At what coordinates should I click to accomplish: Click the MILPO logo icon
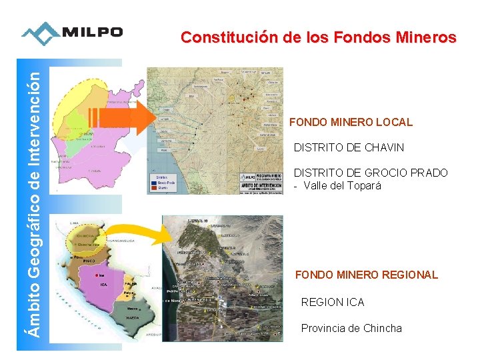pyautogui.click(x=40, y=33)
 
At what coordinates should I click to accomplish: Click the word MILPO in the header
pyautogui.click(x=93, y=33)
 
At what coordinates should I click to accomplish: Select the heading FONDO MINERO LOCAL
pyautogui.click(x=351, y=123)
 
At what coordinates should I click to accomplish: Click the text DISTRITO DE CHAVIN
pyautogui.click(x=349, y=147)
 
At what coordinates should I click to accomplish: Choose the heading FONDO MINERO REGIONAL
pyautogui.click(x=367, y=275)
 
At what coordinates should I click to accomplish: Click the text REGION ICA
pyautogui.click(x=333, y=303)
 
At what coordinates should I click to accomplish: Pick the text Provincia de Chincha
pyautogui.click(x=351, y=328)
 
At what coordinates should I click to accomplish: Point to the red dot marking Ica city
pyautogui.click(x=97, y=275)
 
